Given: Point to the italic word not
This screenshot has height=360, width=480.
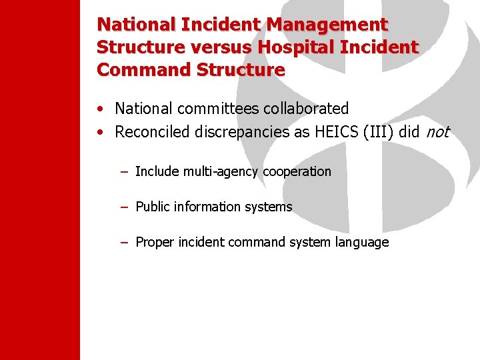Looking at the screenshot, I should (x=437, y=132).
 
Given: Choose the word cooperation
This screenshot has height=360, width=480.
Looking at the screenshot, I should (x=297, y=171).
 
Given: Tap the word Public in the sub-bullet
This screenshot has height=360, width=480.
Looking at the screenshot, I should (x=152, y=207).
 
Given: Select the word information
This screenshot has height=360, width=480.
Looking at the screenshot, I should (x=207, y=207).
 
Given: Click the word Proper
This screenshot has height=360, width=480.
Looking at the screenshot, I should (x=153, y=242).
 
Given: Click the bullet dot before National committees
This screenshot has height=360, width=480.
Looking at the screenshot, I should (x=99, y=109).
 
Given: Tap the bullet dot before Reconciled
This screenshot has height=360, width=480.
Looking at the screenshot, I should (x=99, y=133).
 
